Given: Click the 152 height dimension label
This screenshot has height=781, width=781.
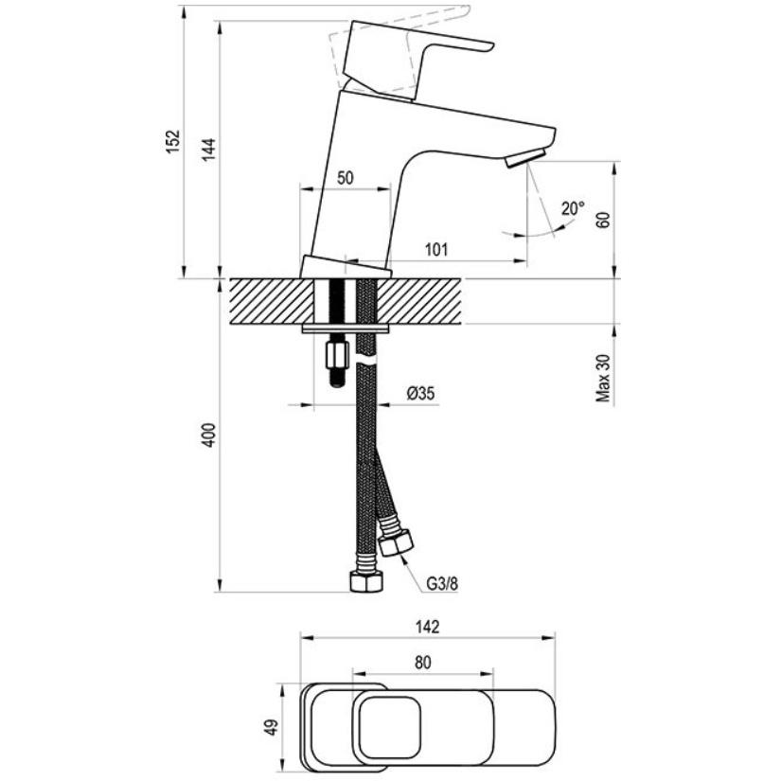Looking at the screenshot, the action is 172,141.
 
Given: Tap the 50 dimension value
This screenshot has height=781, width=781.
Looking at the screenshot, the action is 345,178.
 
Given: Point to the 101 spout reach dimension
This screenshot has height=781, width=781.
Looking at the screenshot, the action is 436,249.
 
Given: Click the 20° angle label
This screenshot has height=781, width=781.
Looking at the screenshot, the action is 573,208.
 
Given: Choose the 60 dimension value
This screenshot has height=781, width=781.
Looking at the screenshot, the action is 603,220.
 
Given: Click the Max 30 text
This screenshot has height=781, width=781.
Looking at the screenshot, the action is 603,378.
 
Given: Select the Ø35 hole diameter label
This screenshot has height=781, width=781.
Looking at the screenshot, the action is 421,394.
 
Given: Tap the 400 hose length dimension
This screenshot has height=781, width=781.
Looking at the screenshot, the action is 208,435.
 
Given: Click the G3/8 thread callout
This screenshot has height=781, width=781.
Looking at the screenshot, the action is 442,583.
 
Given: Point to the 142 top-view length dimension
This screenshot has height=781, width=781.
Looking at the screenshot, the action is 427,627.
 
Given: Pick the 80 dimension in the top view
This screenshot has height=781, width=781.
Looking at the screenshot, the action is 422,663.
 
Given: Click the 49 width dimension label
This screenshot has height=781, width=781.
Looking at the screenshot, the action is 272,727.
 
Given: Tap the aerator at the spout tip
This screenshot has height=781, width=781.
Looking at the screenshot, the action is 525,157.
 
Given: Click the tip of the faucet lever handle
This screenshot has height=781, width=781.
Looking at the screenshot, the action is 491,46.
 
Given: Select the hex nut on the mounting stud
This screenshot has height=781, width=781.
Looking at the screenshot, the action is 337,355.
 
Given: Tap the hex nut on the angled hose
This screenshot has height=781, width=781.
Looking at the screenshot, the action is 396,542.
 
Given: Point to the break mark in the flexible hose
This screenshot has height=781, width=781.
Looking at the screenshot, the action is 366,360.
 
